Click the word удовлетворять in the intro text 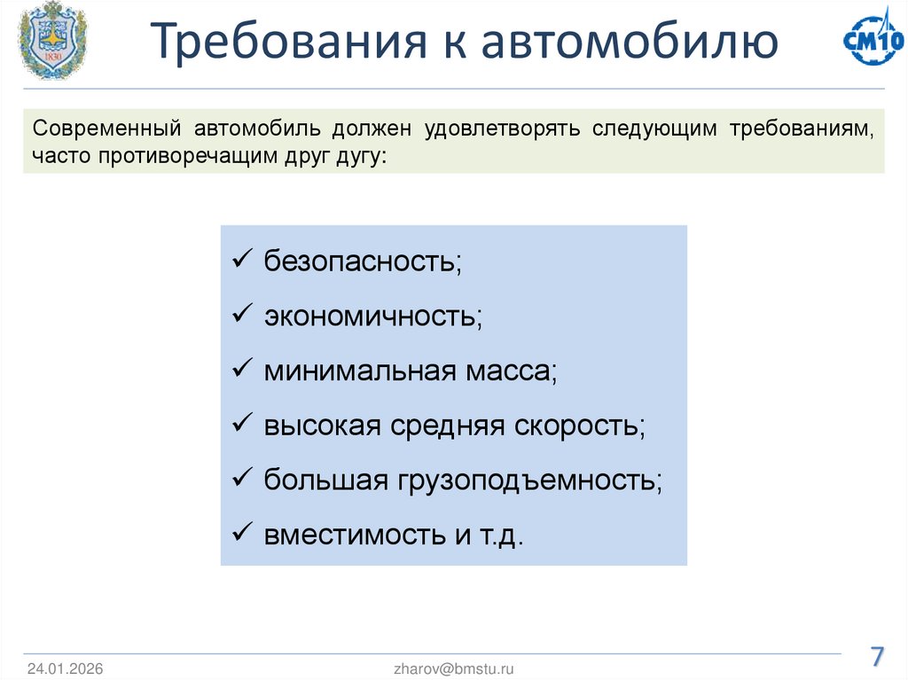pos(502,129)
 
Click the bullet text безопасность pos(362,262)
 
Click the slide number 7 pos(876,657)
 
